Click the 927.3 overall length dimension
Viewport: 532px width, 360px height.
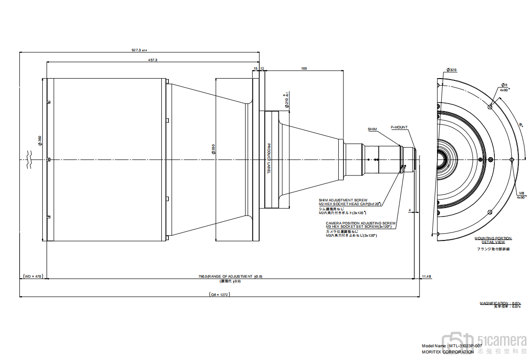(139, 50)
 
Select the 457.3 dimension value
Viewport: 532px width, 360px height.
(153, 60)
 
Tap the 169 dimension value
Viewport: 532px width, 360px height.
(304, 69)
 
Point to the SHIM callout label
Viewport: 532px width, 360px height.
(372, 128)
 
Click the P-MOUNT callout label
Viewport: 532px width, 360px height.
(399, 127)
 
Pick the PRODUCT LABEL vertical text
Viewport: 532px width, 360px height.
(269, 159)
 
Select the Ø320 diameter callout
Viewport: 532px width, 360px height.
(452, 70)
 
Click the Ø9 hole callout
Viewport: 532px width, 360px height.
(504, 85)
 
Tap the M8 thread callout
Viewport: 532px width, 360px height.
(521, 193)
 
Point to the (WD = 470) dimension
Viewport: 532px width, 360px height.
(33, 276)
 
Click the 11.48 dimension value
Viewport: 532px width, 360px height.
(427, 276)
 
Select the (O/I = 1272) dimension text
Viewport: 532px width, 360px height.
(219, 294)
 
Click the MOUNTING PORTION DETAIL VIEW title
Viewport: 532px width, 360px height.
(493, 240)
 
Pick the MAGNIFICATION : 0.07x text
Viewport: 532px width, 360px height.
(500, 303)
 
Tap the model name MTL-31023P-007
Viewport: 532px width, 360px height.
(452, 345)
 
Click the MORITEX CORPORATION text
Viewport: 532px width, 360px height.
(448, 352)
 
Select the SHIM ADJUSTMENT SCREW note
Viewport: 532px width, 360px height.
(343, 200)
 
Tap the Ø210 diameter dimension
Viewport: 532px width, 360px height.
(286, 100)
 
